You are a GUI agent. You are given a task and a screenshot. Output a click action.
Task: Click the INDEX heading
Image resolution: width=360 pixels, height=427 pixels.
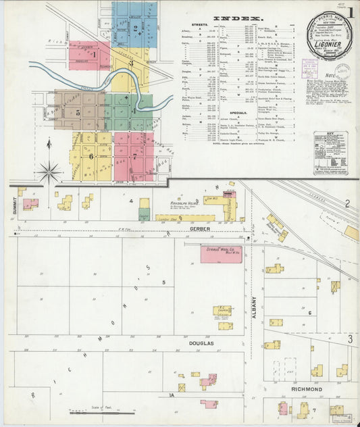(x=238, y=18)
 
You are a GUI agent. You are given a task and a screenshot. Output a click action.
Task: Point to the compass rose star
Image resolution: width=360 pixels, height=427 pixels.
(x=49, y=172)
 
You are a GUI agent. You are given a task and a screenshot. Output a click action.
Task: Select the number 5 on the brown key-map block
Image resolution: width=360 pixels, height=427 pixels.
(x=78, y=111)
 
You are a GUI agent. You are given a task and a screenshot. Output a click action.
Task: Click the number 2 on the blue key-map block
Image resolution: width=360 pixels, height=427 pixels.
(x=136, y=28)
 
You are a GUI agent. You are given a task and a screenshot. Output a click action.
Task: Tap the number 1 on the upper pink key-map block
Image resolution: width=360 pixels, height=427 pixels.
(x=88, y=55)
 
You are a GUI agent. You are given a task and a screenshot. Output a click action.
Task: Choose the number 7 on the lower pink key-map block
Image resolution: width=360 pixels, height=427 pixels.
(x=134, y=156)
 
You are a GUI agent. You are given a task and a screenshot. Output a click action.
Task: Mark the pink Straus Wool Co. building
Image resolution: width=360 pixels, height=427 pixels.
(x=222, y=254)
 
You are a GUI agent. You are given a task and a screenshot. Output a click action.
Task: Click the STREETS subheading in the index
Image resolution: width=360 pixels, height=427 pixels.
(x=199, y=26)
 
